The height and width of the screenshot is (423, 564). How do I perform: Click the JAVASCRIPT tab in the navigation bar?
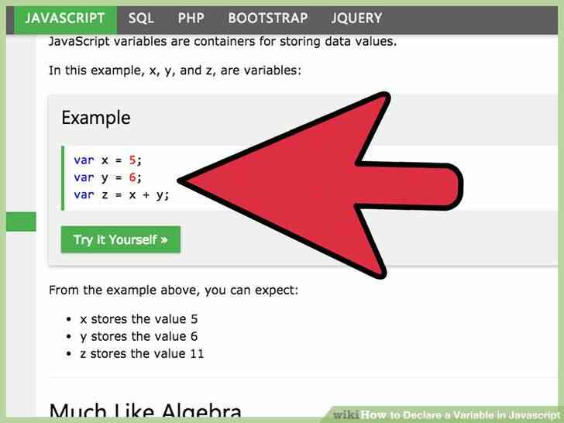(x=65, y=19)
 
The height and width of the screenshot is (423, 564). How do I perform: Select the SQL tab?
(x=141, y=19)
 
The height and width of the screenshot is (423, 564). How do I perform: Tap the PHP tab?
(x=191, y=19)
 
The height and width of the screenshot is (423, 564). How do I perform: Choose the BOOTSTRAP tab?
(x=268, y=19)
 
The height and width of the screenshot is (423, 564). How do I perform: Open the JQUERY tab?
(x=356, y=19)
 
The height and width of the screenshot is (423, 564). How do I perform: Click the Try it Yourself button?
(x=121, y=239)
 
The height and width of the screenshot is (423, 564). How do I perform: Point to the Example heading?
(x=96, y=118)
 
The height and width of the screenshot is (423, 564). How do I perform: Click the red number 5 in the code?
(x=132, y=160)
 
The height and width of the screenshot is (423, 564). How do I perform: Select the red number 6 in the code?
(x=132, y=177)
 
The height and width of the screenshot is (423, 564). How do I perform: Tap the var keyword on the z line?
(x=84, y=194)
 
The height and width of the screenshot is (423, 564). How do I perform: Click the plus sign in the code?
(x=146, y=195)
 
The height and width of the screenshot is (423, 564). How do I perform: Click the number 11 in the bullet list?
(x=197, y=353)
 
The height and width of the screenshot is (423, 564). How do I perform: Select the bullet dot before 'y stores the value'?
(x=69, y=337)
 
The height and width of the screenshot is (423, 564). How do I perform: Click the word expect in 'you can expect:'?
(x=275, y=291)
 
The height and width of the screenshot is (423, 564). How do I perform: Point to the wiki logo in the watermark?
(x=346, y=414)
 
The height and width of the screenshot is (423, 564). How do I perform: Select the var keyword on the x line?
(x=84, y=160)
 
